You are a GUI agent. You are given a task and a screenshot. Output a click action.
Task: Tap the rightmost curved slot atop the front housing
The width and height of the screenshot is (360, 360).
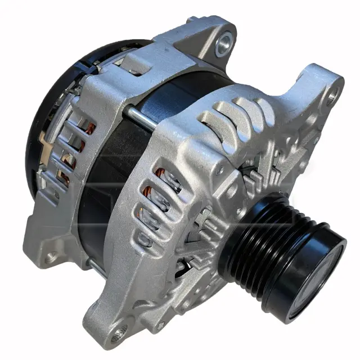pyautogui.click(x=264, y=101)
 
